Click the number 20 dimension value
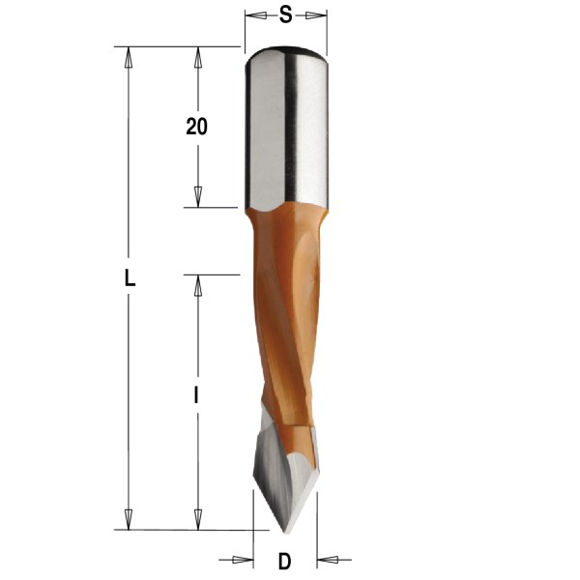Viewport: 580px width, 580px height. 197,127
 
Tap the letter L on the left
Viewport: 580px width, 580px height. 130,279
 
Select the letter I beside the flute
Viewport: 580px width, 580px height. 196,394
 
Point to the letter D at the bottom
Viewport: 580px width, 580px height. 284,560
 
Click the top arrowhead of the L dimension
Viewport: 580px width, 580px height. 127,55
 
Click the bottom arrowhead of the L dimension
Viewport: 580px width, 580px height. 127,520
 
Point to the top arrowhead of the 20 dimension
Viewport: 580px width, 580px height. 197,55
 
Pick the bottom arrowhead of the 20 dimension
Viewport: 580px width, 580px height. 197,197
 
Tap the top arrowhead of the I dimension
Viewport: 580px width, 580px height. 197,284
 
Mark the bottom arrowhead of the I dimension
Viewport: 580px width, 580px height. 197,520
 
